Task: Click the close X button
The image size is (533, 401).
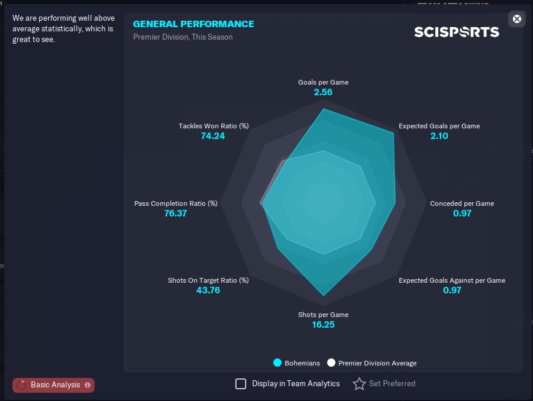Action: pos(516,19)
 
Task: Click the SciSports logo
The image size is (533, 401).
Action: pos(456,32)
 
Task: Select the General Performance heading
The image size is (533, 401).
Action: pos(193,24)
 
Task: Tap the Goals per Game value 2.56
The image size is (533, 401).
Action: pos(323,92)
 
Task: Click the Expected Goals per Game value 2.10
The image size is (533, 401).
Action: pos(439,136)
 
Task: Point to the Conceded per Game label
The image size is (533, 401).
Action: pos(461,203)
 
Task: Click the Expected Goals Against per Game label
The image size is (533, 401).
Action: pos(451,280)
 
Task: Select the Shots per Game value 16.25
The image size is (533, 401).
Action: pos(323,325)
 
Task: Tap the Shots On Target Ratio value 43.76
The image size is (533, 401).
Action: pos(208,290)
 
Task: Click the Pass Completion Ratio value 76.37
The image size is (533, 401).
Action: pos(176,214)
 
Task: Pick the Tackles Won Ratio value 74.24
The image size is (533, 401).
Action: pos(213,136)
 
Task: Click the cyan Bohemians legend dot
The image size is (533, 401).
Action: pos(277,363)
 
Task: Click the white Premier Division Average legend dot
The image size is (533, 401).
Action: pos(331,363)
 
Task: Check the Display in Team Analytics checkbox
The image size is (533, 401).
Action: pos(241,384)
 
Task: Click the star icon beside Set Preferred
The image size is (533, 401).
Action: pos(359,384)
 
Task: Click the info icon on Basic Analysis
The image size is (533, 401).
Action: pos(88,385)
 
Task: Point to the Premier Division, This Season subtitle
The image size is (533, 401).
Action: pos(183,37)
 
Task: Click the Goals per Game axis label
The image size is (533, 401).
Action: pos(323,82)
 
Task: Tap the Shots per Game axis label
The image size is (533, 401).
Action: pos(323,315)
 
